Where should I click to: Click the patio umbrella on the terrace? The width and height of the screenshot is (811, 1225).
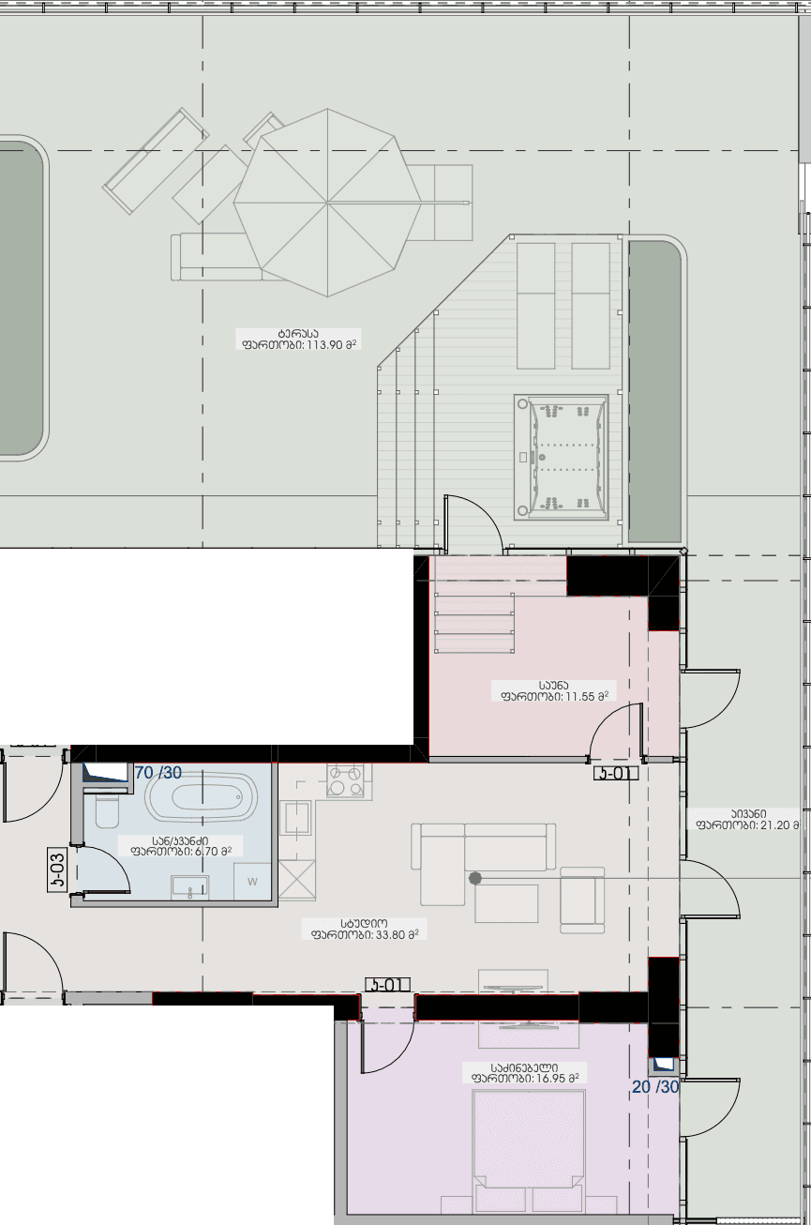pyautogui.click(x=327, y=202)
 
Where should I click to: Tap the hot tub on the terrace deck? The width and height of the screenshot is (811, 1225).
pyautogui.click(x=561, y=457)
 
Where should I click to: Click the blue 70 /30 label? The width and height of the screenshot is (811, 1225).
pyautogui.click(x=158, y=773)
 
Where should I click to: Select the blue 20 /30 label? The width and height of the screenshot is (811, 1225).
pyautogui.click(x=654, y=1087)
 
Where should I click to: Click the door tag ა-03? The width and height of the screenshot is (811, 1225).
pyautogui.click(x=58, y=870)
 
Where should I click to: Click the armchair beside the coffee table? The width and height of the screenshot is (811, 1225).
pyautogui.click(x=582, y=900)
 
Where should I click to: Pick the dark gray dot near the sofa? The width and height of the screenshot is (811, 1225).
pyautogui.click(x=475, y=879)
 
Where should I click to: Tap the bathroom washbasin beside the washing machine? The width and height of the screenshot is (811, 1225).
pyautogui.click(x=190, y=886)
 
